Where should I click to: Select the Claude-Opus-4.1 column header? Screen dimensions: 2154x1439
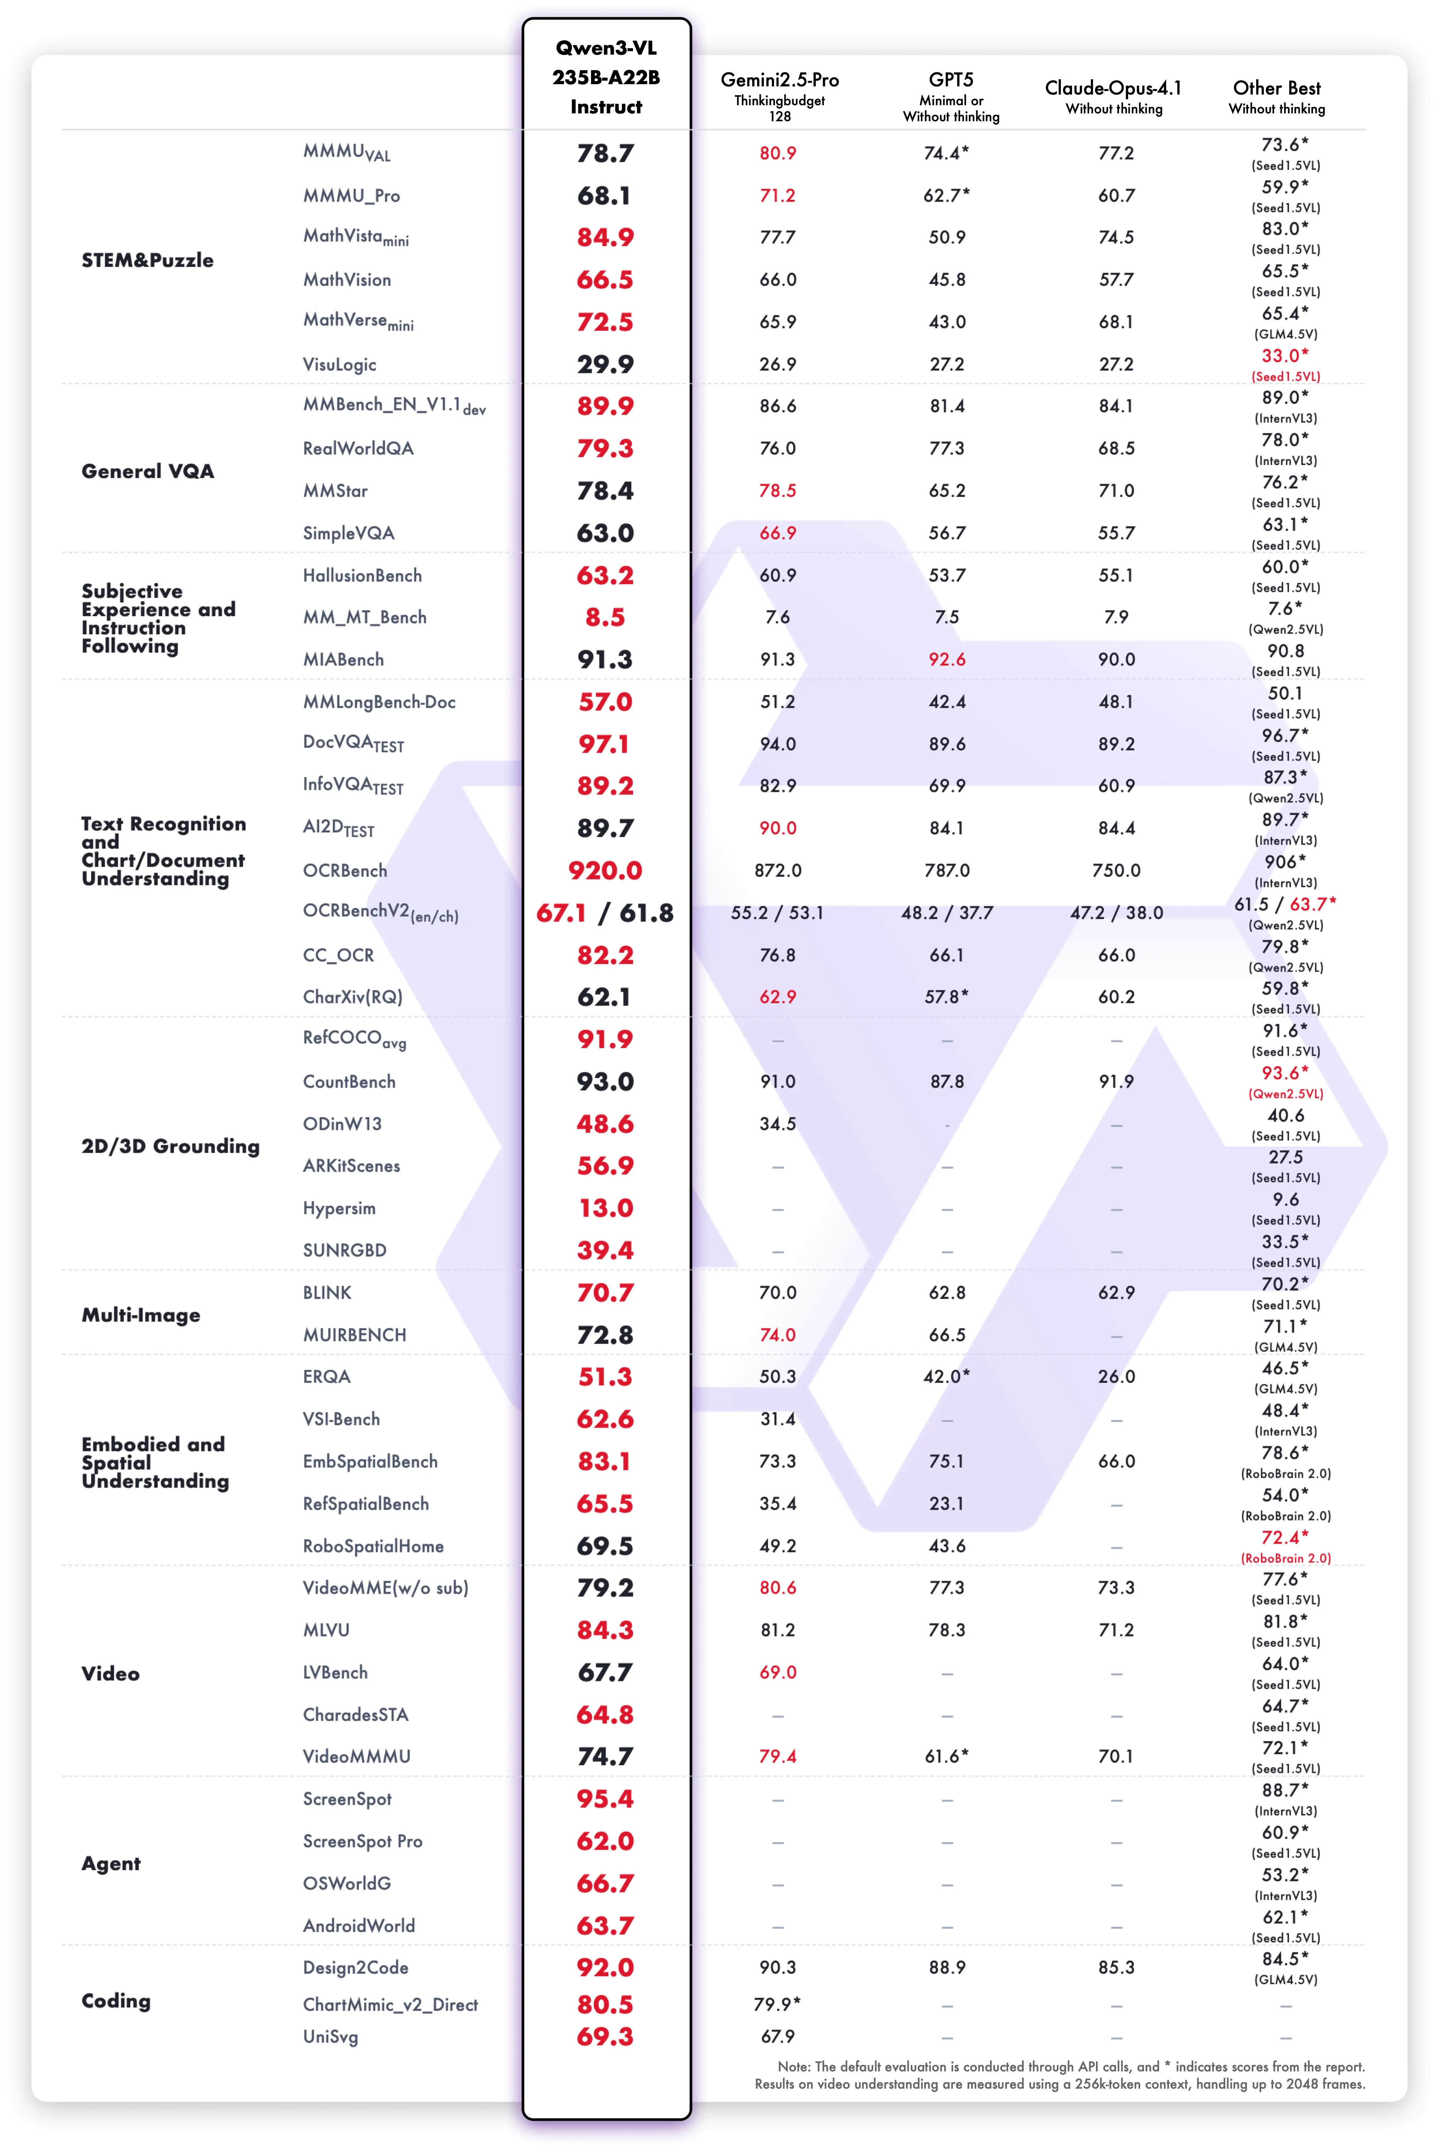point(1113,88)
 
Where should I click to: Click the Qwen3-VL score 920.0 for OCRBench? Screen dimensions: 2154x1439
point(605,870)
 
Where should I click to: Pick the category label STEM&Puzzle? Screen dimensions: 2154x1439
point(147,260)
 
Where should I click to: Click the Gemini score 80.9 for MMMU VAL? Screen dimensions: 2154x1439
point(777,153)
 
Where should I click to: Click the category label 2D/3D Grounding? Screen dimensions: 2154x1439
point(170,1145)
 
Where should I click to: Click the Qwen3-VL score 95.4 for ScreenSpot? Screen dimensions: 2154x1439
point(605,1799)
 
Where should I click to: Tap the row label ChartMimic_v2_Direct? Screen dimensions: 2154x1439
point(390,2004)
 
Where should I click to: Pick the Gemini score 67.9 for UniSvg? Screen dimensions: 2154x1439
point(777,2037)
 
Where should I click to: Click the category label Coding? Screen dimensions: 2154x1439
point(116,2001)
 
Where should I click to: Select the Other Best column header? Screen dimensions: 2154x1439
point(1277,88)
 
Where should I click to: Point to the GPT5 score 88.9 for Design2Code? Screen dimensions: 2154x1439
point(946,1968)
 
